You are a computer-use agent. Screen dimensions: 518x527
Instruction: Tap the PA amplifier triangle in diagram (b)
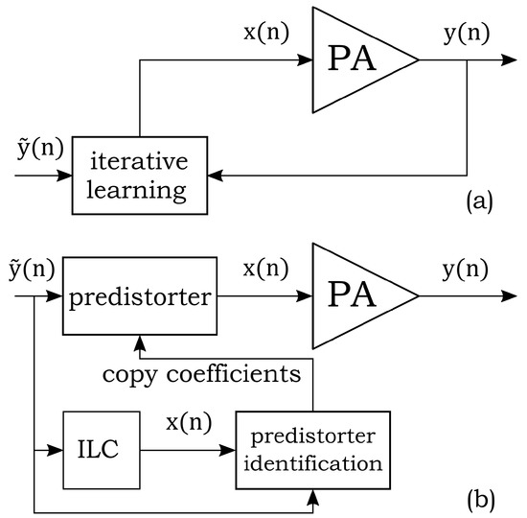click(x=357, y=296)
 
